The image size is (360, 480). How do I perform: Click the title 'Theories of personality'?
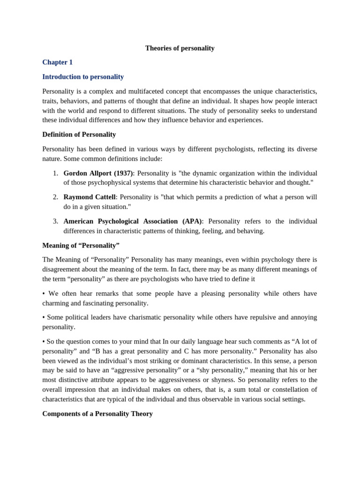point(180,48)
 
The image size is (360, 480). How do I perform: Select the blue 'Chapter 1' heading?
point(57,62)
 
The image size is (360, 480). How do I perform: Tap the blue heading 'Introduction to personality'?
point(83,76)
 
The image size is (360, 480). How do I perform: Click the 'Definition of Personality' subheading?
point(79,134)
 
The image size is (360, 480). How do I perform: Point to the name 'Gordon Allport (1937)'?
point(98,173)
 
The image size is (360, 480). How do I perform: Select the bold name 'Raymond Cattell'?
point(90,197)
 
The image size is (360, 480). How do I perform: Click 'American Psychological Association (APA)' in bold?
point(133,221)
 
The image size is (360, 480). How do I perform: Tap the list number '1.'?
point(55,173)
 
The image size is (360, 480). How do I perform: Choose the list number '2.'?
point(55,197)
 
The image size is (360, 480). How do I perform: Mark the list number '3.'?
point(55,221)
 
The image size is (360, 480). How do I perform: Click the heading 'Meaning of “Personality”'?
point(81,245)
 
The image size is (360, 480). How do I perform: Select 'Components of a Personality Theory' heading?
point(97,413)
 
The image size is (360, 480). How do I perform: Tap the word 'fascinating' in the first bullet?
point(109,303)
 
